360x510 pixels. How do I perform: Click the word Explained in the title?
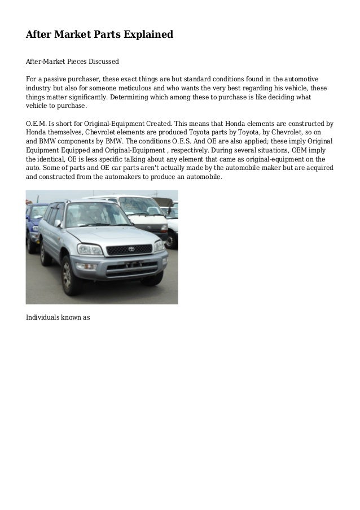146,35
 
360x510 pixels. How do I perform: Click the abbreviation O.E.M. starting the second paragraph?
36,123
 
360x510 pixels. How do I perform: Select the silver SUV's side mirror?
58,224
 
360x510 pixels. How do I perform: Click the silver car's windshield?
98,215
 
